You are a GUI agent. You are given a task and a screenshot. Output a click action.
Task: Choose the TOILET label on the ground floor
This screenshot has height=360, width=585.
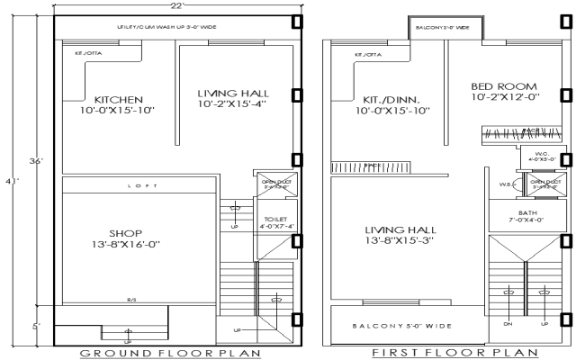point(274,219)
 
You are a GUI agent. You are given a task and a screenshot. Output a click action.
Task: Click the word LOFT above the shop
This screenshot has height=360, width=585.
point(139,186)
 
